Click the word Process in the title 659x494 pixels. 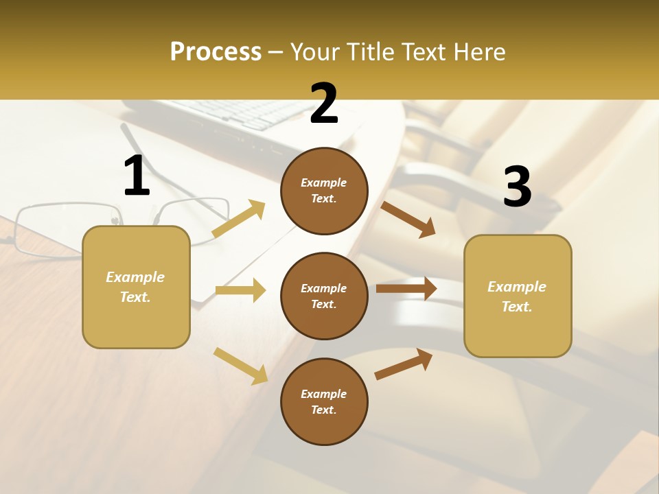[x=216, y=52]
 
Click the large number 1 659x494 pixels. [x=137, y=176]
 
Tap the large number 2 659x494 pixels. [x=324, y=104]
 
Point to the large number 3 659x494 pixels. [x=517, y=187]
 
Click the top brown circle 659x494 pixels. [x=324, y=191]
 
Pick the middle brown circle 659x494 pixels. [x=324, y=296]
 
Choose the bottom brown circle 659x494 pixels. [x=324, y=402]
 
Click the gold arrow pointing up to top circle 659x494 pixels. [x=239, y=219]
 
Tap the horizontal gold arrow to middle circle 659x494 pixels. [x=240, y=290]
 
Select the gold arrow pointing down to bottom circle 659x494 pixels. [x=240, y=366]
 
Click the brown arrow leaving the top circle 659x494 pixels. [x=408, y=220]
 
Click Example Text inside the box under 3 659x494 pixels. [x=517, y=296]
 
